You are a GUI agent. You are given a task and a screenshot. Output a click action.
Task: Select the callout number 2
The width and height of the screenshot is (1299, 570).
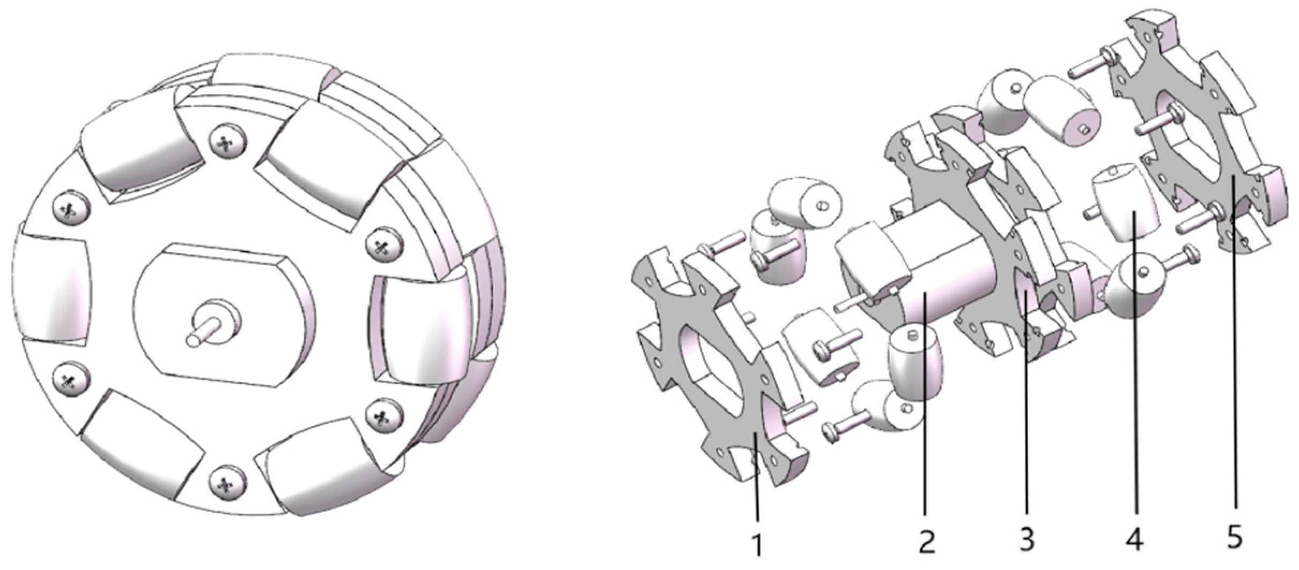coord(926,542)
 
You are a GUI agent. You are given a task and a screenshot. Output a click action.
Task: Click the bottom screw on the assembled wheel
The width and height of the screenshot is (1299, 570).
coord(226,485)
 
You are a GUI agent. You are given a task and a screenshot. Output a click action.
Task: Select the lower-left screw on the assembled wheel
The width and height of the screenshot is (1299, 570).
coord(70,379)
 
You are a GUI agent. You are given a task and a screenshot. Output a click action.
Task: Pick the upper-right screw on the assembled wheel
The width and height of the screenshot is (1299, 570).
coord(384,245)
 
